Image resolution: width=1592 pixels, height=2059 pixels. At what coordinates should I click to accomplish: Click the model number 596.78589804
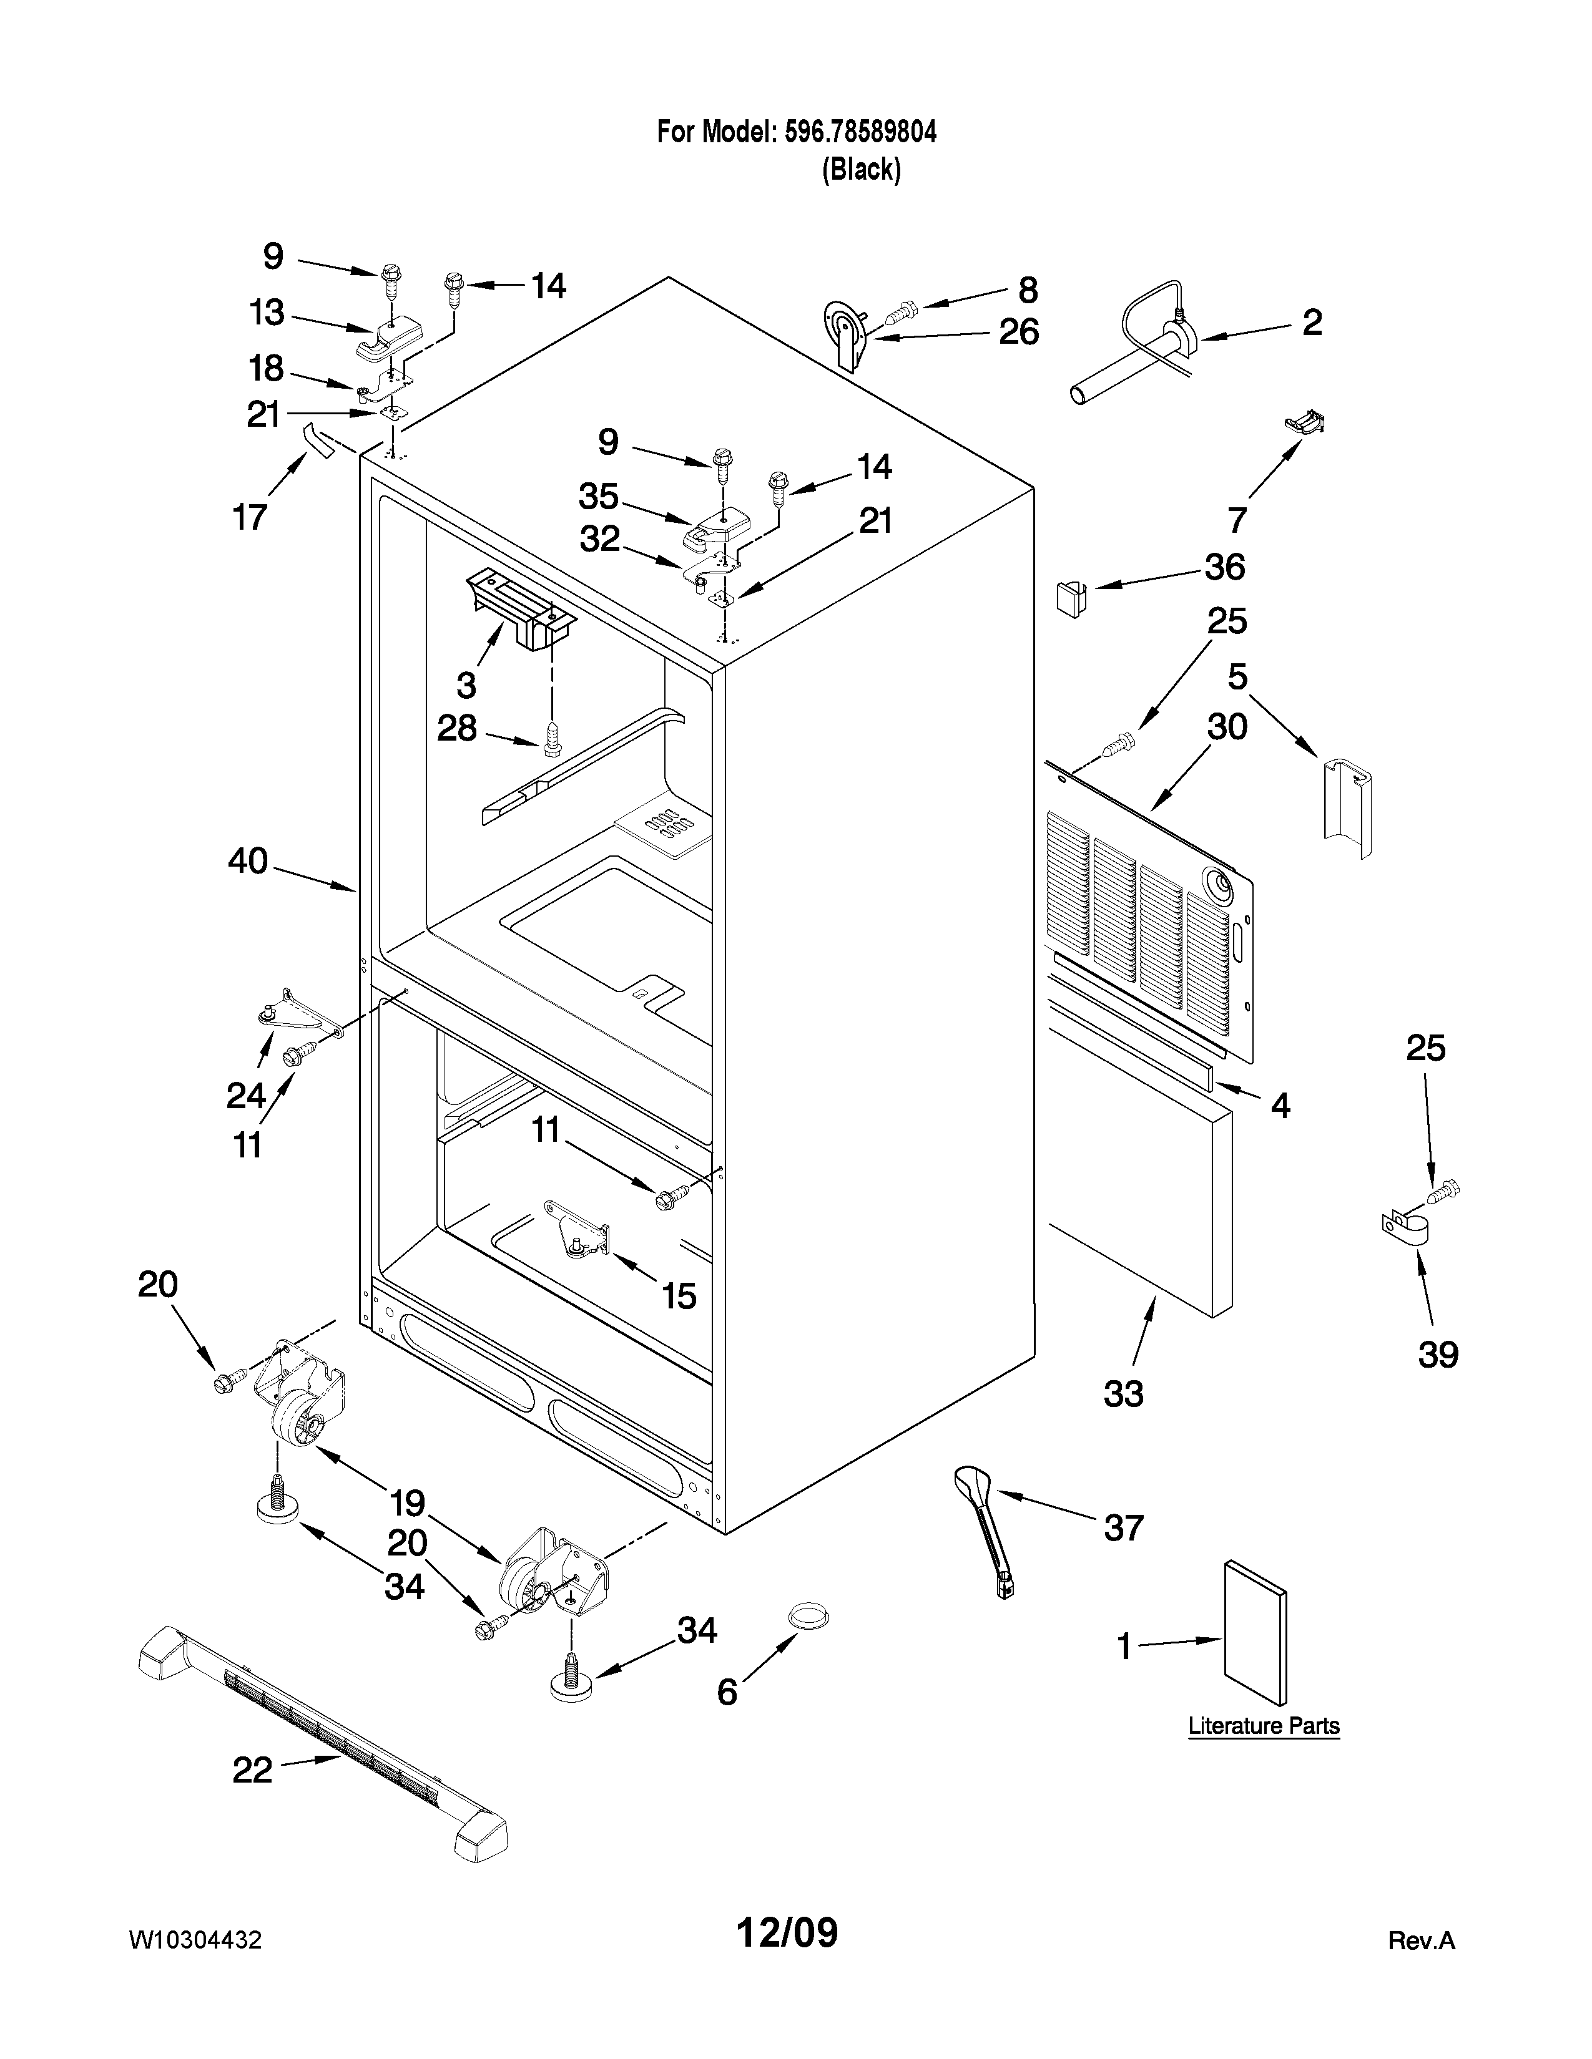point(860,132)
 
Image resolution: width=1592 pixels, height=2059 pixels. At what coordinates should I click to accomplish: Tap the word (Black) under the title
point(861,170)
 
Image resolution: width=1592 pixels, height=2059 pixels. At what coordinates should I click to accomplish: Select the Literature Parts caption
point(1263,1726)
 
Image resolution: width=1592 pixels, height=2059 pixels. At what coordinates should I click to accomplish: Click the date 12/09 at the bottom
point(787,1934)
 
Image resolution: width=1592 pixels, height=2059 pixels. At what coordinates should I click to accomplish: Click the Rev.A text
point(1422,1941)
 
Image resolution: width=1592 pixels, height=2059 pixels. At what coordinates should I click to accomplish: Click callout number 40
point(247,861)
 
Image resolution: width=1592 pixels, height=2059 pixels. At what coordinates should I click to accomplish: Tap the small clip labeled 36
point(1069,596)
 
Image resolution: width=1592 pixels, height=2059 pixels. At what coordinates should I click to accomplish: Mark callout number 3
point(466,683)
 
